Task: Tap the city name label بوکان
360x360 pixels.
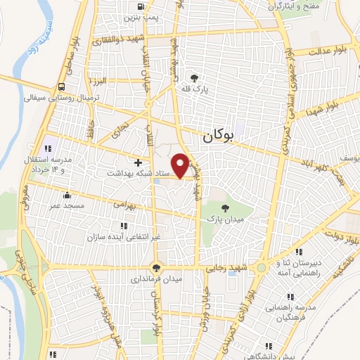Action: point(217,138)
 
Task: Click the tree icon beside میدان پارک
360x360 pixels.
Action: point(225,207)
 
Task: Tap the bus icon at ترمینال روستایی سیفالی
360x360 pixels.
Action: point(63,86)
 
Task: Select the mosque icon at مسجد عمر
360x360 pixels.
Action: point(66,195)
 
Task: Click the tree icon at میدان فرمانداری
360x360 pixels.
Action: point(156,267)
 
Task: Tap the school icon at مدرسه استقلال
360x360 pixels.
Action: point(48,148)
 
